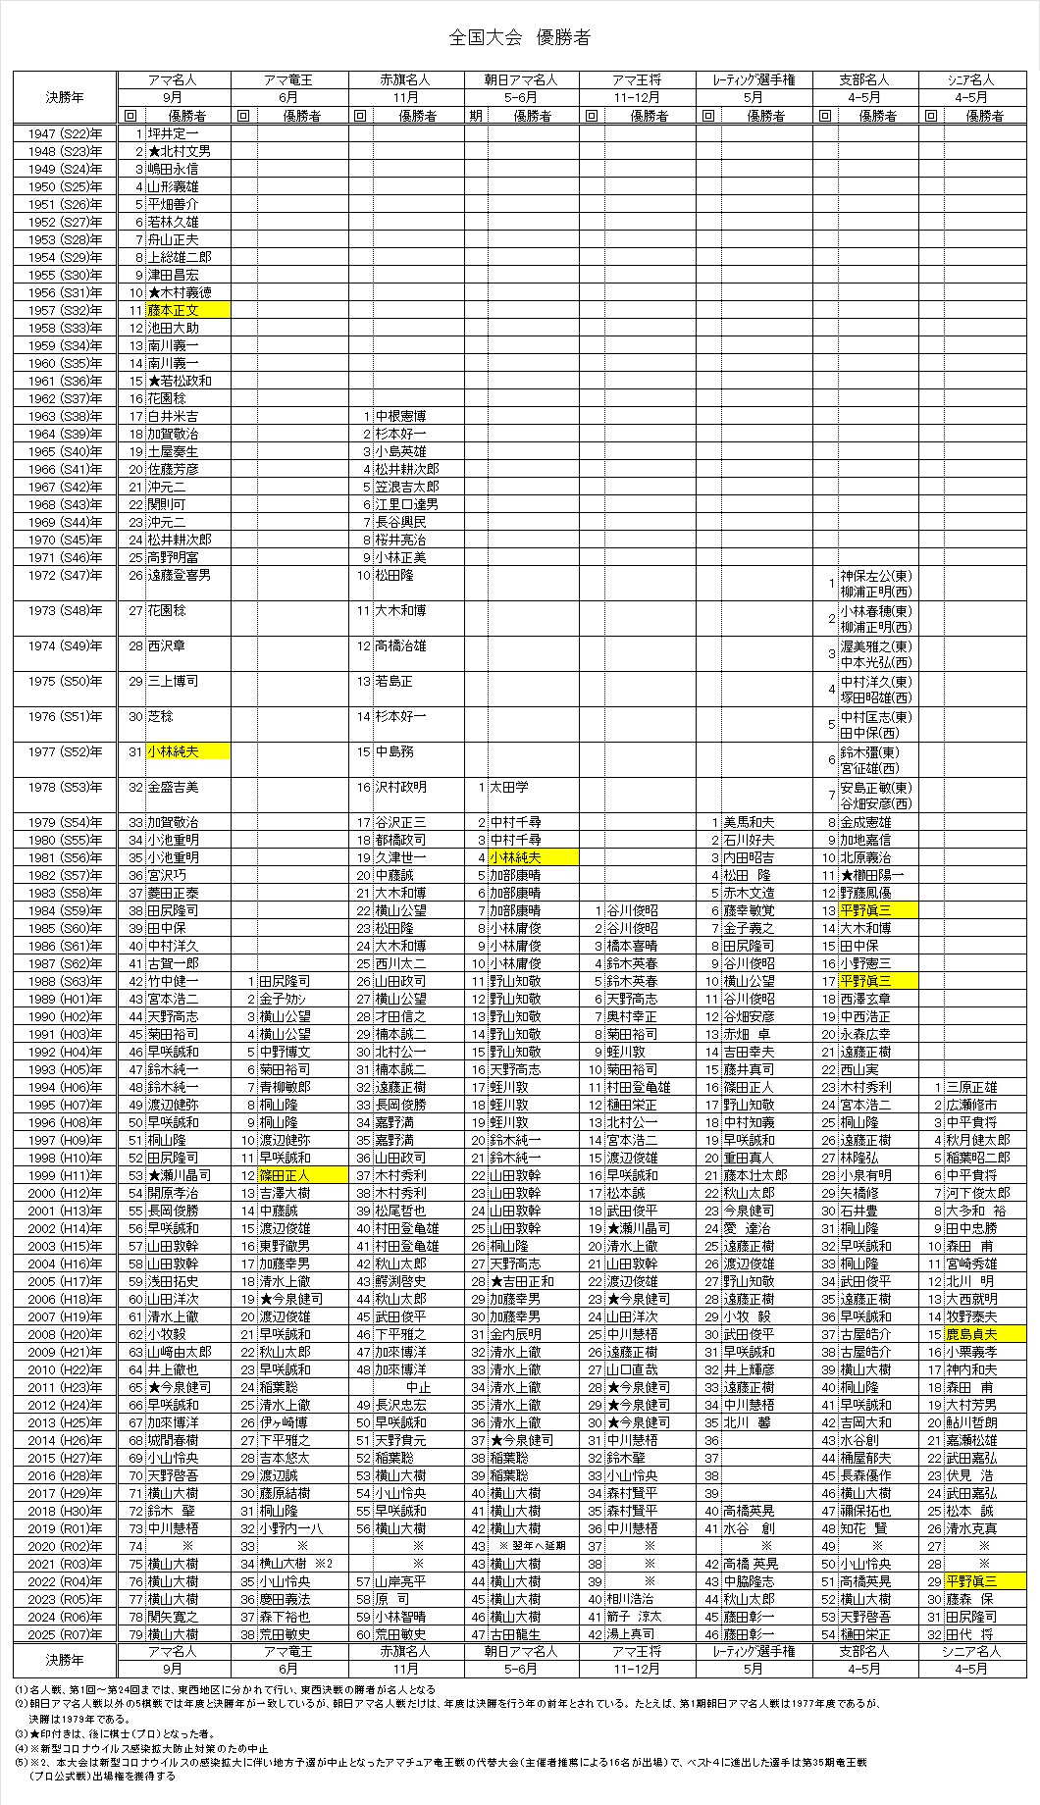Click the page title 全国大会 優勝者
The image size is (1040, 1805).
point(519,38)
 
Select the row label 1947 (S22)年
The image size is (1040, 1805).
point(65,133)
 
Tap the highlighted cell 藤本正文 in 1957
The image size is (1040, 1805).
point(187,310)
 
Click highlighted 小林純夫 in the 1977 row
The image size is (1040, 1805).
point(187,751)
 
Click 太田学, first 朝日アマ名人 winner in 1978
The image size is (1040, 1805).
point(510,787)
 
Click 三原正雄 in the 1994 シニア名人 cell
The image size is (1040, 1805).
point(971,1087)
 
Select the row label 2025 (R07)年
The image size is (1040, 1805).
point(65,1634)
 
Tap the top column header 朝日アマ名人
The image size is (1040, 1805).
point(521,80)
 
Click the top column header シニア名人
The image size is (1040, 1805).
point(972,80)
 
